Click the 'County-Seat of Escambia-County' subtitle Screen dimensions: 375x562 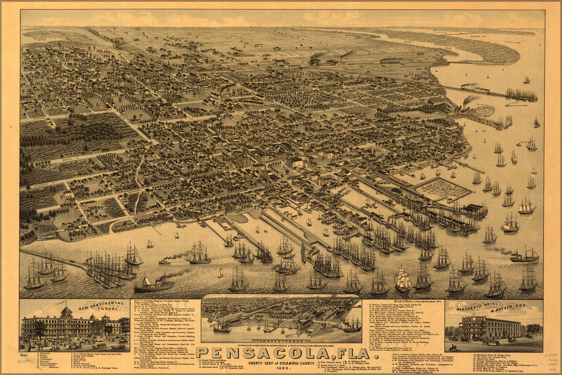(x=281, y=361)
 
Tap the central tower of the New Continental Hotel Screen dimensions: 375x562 (x=66, y=312)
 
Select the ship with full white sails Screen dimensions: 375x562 (x=403, y=280)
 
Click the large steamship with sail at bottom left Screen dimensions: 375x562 (x=153, y=284)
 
